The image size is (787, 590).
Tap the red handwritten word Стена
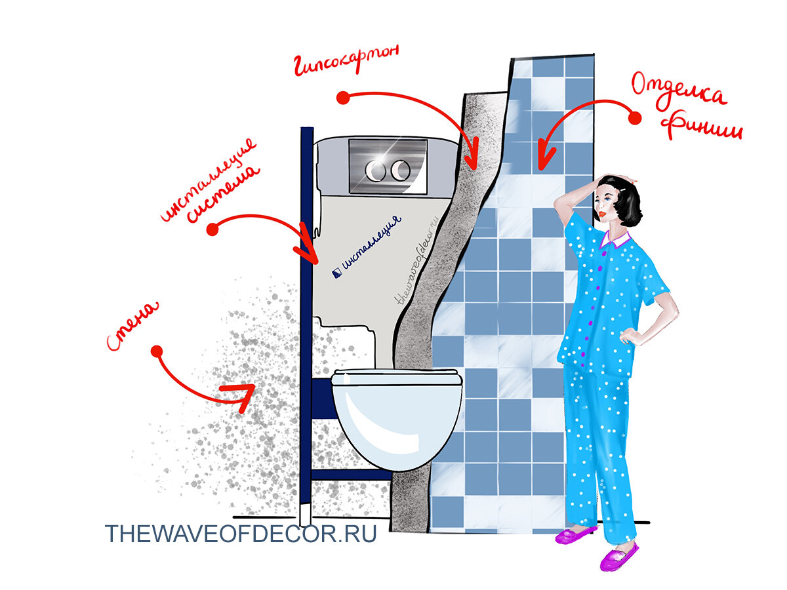(x=132, y=326)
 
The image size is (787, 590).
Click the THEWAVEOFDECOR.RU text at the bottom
(x=241, y=534)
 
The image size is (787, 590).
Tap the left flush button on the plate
(x=374, y=170)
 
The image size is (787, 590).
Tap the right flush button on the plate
(x=400, y=170)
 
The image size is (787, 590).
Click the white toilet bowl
(x=396, y=419)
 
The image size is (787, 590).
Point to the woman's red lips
(x=601, y=214)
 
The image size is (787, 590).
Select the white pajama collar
(x=615, y=239)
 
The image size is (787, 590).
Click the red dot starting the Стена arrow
(x=157, y=351)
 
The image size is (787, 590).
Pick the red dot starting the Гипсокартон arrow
(x=343, y=98)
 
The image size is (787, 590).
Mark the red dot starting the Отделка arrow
(x=635, y=118)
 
